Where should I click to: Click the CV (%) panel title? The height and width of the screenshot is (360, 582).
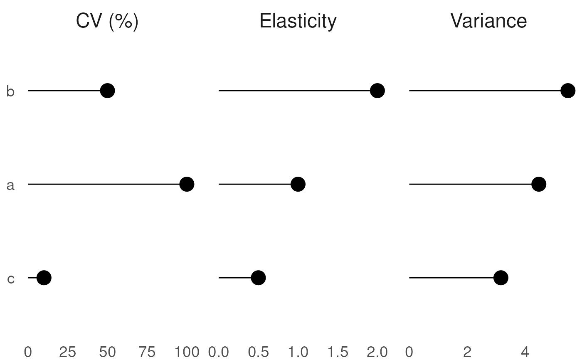pyautogui.click(x=107, y=21)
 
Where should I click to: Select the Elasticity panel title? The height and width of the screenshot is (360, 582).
pyautogui.click(x=298, y=21)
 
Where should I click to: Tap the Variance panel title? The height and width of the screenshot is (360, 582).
pyautogui.click(x=488, y=21)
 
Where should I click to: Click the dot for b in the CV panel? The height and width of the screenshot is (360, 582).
pyautogui.click(x=107, y=91)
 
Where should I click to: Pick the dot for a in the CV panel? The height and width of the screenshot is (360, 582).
pyautogui.click(x=187, y=184)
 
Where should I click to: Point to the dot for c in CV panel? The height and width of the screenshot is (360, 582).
pyautogui.click(x=44, y=278)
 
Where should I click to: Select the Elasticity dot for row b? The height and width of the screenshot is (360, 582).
pyautogui.click(x=377, y=91)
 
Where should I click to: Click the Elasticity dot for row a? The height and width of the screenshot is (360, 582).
pyautogui.click(x=298, y=184)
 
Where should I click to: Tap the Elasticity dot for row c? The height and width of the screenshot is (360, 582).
pyautogui.click(x=258, y=278)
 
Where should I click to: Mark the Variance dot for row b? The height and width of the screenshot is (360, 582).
pyautogui.click(x=568, y=91)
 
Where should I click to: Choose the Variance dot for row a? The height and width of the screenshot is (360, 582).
pyautogui.click(x=539, y=184)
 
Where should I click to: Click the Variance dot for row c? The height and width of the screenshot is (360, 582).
pyautogui.click(x=501, y=278)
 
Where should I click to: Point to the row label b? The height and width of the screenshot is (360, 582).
pyautogui.click(x=10, y=91)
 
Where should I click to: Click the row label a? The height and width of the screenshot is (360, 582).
pyautogui.click(x=10, y=186)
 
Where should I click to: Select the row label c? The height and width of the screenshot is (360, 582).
pyautogui.click(x=11, y=279)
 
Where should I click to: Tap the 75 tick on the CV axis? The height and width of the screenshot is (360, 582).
pyautogui.click(x=147, y=352)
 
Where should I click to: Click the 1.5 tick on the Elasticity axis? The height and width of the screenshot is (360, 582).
pyautogui.click(x=338, y=352)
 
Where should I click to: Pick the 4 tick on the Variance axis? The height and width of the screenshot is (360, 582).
pyautogui.click(x=525, y=352)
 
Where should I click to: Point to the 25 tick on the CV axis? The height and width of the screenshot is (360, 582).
pyautogui.click(x=67, y=352)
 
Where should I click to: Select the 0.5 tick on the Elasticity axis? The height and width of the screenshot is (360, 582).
pyautogui.click(x=258, y=352)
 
